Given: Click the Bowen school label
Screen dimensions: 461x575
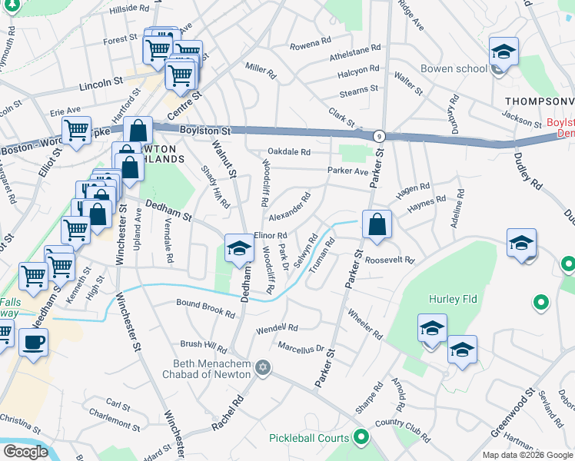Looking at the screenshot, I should pyautogui.click(x=454, y=68).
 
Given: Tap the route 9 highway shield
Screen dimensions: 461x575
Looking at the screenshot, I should pyautogui.click(x=381, y=136).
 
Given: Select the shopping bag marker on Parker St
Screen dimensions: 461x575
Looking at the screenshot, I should pyautogui.click(x=377, y=225).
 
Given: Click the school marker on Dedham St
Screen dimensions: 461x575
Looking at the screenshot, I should pyautogui.click(x=239, y=247).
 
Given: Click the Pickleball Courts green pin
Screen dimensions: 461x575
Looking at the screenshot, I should pyautogui.click(x=361, y=439).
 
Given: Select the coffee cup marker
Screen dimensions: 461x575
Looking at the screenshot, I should pyautogui.click(x=33, y=342).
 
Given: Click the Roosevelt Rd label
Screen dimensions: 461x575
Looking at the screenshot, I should pyautogui.click(x=390, y=260).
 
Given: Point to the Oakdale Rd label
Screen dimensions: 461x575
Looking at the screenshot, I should pyautogui.click(x=289, y=152).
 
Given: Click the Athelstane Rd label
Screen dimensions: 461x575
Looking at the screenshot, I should pyautogui.click(x=355, y=51).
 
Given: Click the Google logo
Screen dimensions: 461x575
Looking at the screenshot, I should pyautogui.click(x=25, y=452).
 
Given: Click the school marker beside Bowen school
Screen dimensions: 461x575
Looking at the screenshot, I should pyautogui.click(x=504, y=53).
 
